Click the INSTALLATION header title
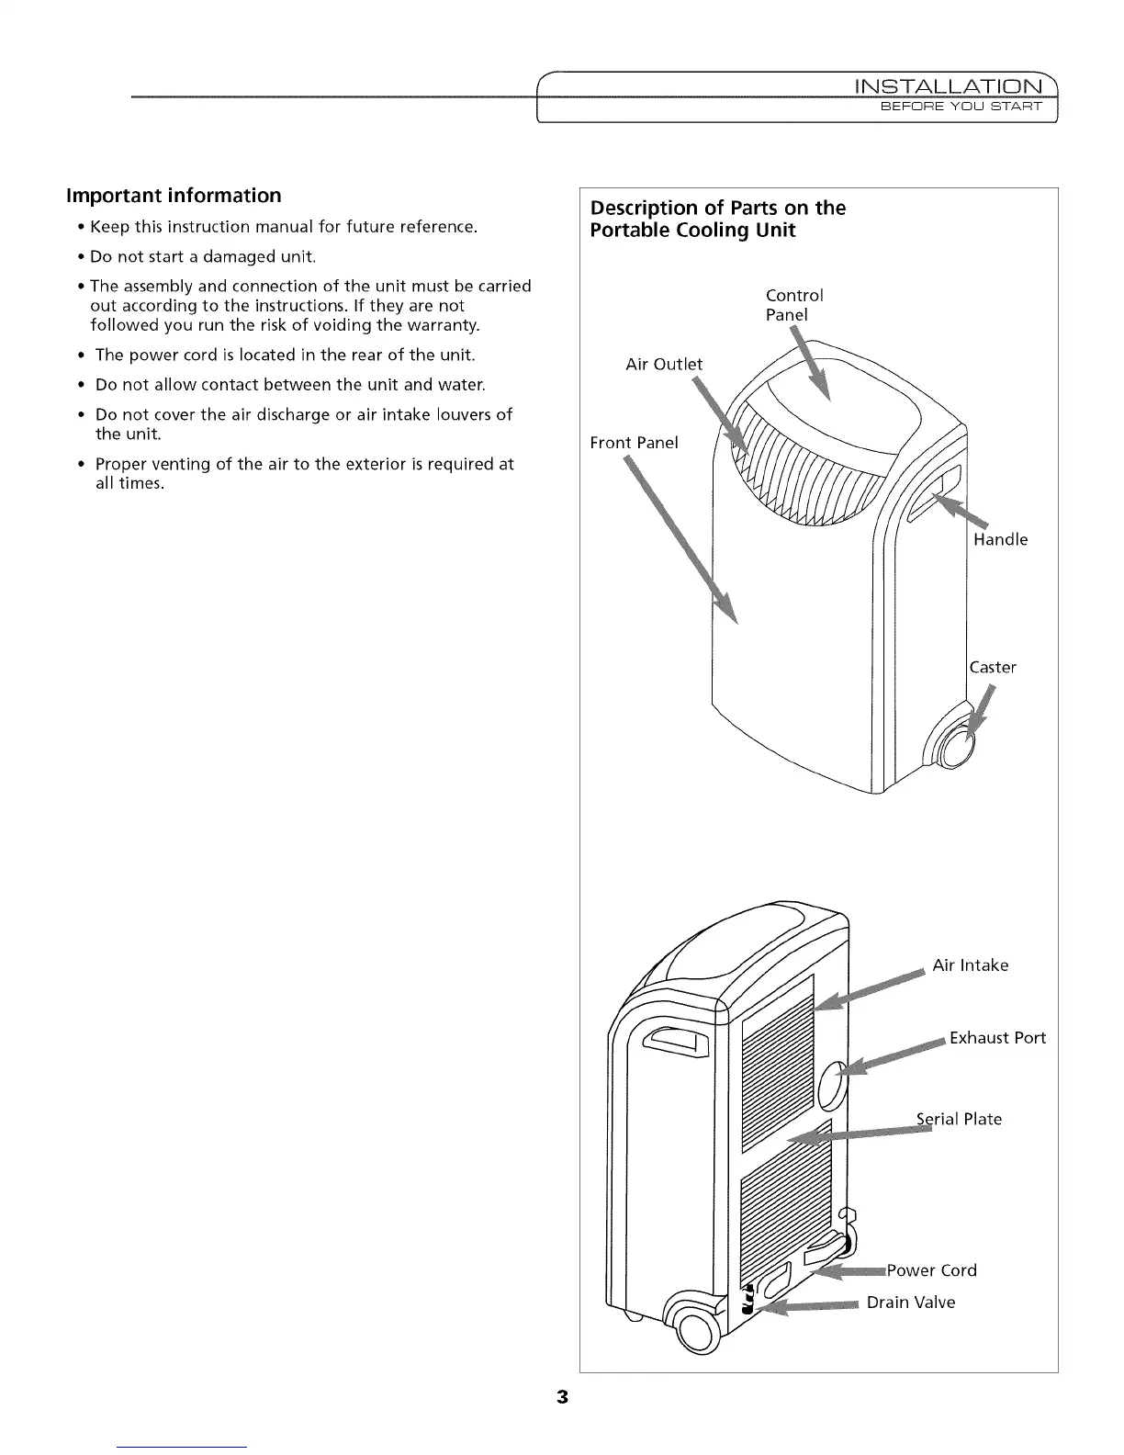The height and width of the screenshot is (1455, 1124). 949,88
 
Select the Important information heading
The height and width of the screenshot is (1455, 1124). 174,196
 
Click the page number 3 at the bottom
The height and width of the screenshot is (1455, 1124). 562,1398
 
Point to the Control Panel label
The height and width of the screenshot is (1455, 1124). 793,305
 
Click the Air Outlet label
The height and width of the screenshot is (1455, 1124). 663,365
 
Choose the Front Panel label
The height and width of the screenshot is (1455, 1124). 634,443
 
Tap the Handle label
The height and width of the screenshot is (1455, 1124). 1000,539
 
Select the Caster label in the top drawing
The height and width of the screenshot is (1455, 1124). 993,667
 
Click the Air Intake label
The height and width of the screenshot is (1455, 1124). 970,965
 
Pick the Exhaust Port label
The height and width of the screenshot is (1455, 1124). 997,1038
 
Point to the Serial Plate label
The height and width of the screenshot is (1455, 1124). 960,1119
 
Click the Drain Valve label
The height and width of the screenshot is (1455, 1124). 911,1303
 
